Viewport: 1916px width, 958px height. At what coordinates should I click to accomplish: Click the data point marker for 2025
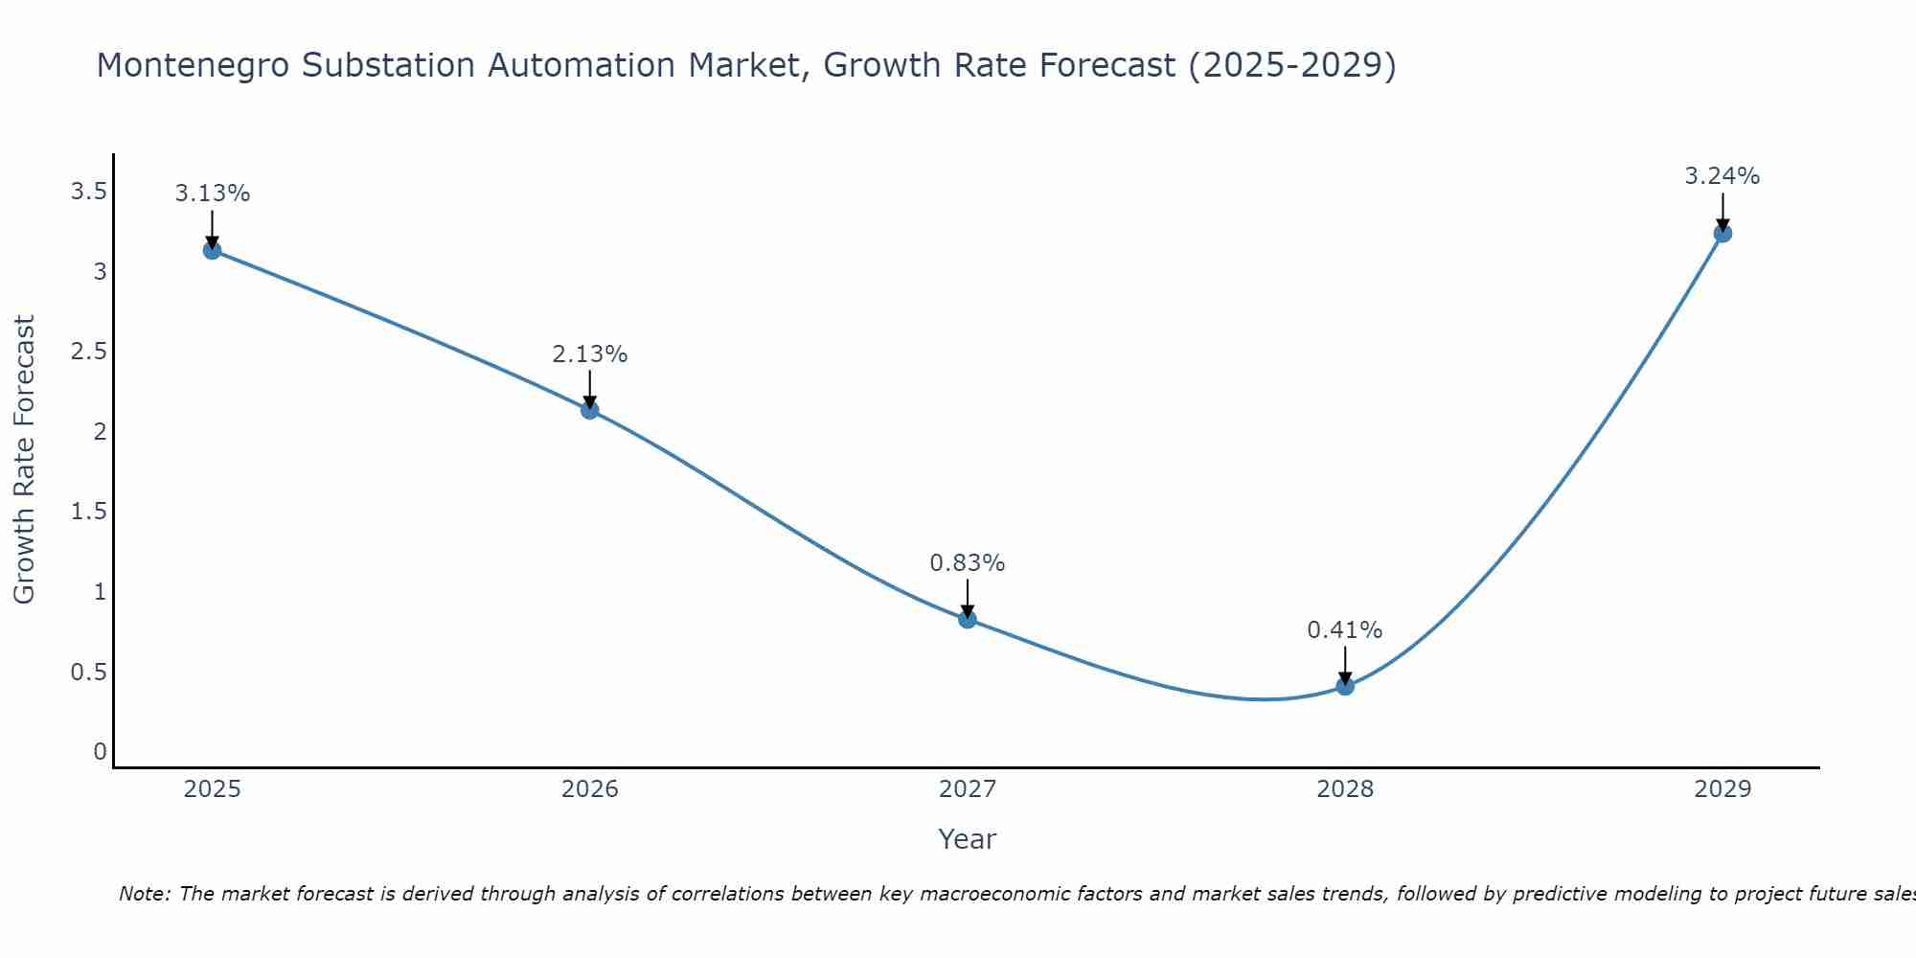point(212,251)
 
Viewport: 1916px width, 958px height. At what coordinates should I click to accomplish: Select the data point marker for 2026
point(589,410)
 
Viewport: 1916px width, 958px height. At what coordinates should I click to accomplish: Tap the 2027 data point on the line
point(968,619)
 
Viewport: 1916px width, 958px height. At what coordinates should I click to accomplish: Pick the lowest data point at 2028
point(1345,686)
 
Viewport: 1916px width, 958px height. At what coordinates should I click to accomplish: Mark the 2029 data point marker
point(1722,233)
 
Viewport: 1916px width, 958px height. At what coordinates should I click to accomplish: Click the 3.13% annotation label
point(212,194)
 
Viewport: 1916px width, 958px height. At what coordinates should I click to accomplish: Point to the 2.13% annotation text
point(589,354)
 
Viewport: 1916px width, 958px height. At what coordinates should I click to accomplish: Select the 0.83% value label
point(968,563)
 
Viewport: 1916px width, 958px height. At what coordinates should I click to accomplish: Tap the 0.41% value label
point(1345,630)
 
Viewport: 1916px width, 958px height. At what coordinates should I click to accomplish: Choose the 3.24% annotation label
point(1722,176)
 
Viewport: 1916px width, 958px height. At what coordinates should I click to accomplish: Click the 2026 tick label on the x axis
point(589,789)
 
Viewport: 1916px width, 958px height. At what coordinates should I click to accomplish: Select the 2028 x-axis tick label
point(1345,789)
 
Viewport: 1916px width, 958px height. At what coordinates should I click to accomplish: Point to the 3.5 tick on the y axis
point(88,192)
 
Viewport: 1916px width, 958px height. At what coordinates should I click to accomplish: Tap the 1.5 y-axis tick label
point(88,512)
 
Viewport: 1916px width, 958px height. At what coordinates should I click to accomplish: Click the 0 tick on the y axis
point(100,752)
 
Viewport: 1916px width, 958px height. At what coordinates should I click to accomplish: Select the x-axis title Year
point(968,839)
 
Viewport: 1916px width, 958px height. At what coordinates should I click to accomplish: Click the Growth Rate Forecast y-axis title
point(25,460)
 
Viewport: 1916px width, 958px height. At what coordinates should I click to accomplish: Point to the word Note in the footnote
point(144,894)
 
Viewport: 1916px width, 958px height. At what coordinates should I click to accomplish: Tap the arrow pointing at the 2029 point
point(1722,211)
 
